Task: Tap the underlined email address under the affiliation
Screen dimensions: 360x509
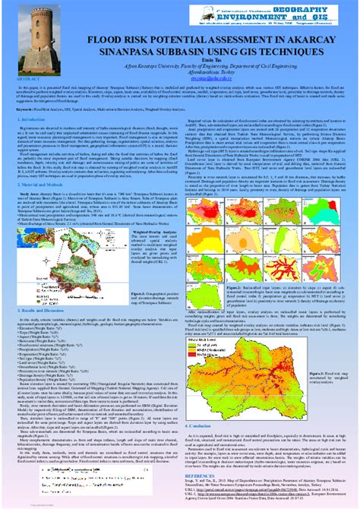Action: pyautogui.click(x=180, y=99)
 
